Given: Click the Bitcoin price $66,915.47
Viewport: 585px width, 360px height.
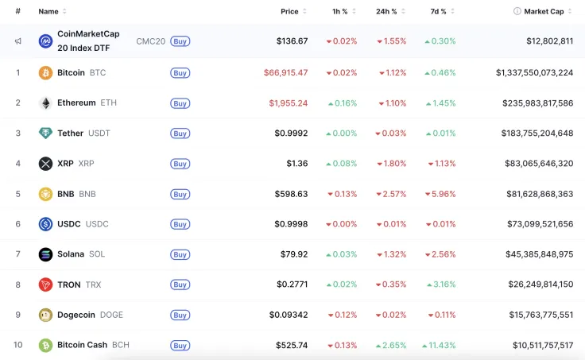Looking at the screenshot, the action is pos(286,72).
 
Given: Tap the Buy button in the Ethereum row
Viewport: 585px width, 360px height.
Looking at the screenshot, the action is pos(180,103).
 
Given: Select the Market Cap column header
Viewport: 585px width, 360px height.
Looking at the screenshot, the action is pos(544,12).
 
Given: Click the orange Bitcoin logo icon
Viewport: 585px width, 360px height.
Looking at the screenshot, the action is pos(45,73).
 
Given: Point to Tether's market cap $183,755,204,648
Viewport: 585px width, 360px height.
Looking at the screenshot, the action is pos(537,134).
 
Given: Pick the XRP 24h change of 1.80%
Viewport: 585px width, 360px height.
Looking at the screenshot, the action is pos(391,164).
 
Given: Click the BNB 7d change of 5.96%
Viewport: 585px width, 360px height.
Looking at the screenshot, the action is pos(440,194).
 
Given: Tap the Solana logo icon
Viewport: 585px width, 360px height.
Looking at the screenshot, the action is pos(45,254).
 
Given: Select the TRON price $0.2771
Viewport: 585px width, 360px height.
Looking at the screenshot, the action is pos(292,285).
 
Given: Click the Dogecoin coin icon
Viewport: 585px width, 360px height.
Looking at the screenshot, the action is pos(45,315).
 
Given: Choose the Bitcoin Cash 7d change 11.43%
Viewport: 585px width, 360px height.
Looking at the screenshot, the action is pos(439,345).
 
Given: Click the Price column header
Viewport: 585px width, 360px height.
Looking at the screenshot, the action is pos(289,12).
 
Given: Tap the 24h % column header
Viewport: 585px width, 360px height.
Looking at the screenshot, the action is pos(386,12).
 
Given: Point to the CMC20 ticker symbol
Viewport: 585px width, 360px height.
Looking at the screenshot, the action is pos(151,41).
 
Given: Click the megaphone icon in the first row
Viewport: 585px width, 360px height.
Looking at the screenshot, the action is pos(18,41).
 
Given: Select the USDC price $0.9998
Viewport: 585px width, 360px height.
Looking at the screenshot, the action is pos(291,224).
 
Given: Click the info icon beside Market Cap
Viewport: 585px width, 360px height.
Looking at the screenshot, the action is pos(517,11).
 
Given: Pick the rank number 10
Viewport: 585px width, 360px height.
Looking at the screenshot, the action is pos(18,345).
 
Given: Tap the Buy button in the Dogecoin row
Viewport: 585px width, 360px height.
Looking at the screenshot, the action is pos(180,315).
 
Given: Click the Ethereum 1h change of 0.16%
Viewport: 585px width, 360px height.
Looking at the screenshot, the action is pos(343,103).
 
